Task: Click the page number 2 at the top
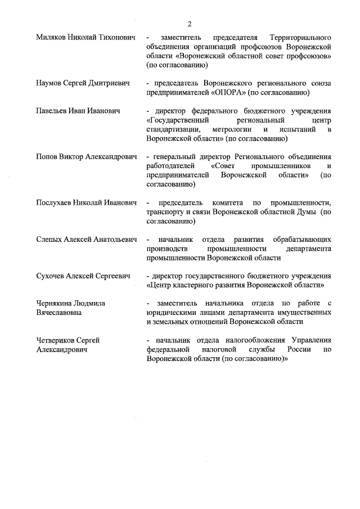click(x=190, y=24)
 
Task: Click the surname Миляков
click(x=51, y=37)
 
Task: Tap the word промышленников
click(x=280, y=166)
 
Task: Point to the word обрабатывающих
click(x=302, y=240)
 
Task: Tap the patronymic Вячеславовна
click(x=58, y=313)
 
